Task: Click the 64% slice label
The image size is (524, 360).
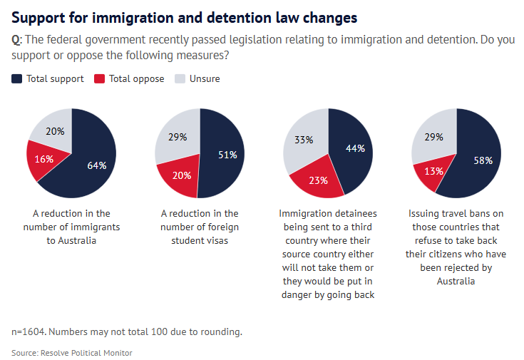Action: point(97,165)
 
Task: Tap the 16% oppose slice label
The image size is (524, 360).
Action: point(44,159)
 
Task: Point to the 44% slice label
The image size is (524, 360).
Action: point(355,148)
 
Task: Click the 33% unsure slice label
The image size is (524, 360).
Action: point(304,140)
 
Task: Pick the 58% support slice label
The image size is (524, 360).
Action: point(483,160)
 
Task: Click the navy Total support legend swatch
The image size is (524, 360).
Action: point(17,78)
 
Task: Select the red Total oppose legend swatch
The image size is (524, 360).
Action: point(99,78)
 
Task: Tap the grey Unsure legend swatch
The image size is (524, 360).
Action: point(180,78)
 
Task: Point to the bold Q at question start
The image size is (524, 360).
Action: point(16,40)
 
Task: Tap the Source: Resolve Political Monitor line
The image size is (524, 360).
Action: point(71,352)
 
